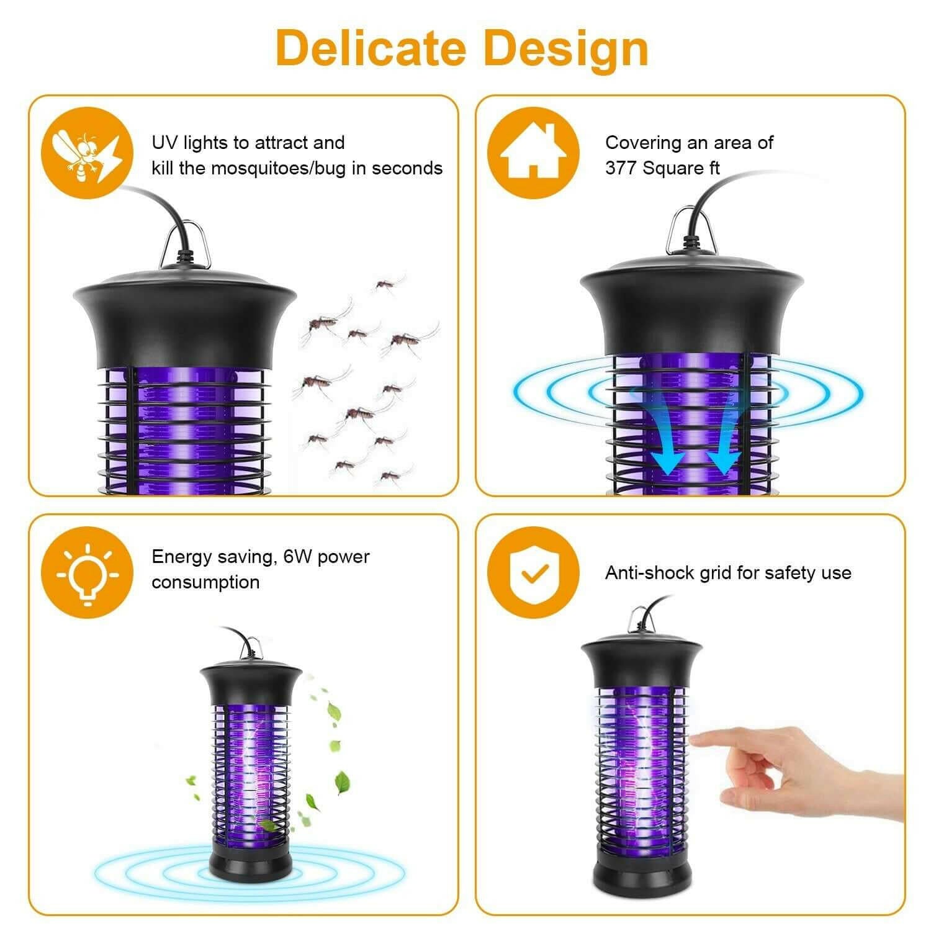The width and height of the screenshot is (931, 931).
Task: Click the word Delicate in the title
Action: pyautogui.click(x=371, y=48)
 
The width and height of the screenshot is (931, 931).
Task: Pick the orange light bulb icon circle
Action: pyautogui.click(x=87, y=572)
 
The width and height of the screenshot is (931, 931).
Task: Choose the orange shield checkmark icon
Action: pyautogui.click(x=533, y=572)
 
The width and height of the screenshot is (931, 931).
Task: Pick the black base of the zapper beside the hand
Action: pyautogui.click(x=641, y=869)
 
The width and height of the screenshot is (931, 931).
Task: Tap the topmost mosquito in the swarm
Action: pyautogui.click(x=385, y=284)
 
